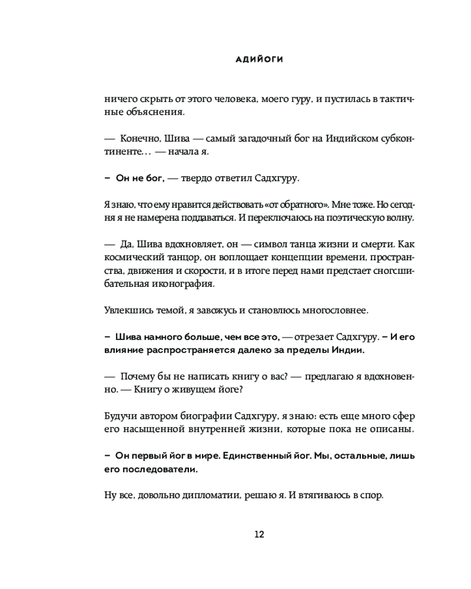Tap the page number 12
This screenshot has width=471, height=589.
[x=259, y=534]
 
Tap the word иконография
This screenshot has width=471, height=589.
[x=178, y=284]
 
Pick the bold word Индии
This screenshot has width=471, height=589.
[x=347, y=350]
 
